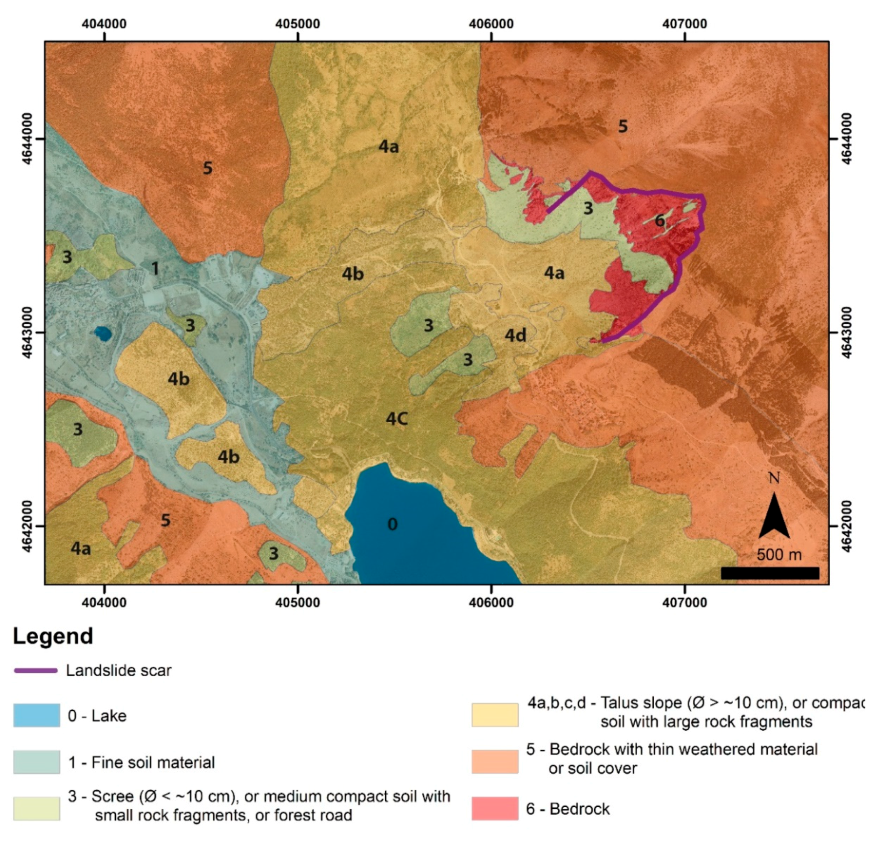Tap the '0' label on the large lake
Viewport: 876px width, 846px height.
392,524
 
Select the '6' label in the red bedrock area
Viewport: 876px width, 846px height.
659,220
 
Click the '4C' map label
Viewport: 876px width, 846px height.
397,419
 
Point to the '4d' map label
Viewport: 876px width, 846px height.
515,335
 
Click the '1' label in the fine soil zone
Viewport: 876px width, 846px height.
155,268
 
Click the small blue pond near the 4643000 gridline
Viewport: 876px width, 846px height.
103,333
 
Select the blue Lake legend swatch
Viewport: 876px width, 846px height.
36,715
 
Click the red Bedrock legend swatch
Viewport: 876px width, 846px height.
494,808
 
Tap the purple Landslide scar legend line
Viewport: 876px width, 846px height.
35,671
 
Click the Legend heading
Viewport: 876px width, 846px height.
53,636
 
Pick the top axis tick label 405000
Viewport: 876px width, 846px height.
297,23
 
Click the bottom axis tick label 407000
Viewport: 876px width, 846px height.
684,602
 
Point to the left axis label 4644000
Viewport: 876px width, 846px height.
27,139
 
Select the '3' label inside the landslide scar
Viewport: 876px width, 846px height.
588,208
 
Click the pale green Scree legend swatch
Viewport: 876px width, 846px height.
36,808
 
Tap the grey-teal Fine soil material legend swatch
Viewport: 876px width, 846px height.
36,762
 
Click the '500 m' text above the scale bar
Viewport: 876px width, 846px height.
778,555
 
